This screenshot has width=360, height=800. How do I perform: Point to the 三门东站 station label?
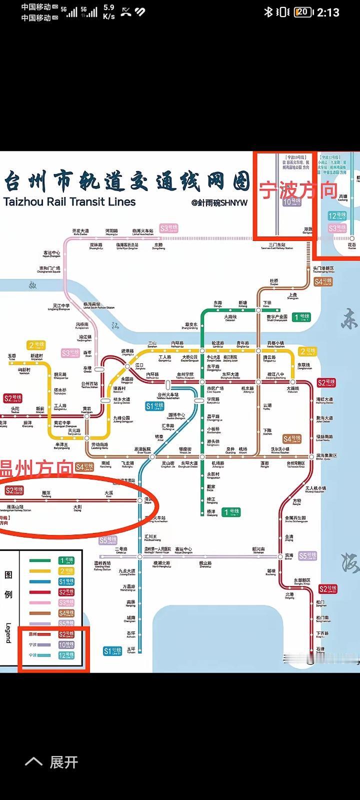tap(277, 246)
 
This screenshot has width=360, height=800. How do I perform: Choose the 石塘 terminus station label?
tap(320, 650)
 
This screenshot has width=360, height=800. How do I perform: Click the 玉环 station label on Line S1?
tap(131, 650)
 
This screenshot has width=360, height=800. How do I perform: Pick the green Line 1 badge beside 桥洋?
tap(231, 512)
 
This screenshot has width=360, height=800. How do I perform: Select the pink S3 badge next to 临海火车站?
tap(168, 228)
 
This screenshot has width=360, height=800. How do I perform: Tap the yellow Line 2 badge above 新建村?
tap(36, 345)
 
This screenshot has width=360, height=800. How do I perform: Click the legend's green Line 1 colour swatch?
tap(39, 560)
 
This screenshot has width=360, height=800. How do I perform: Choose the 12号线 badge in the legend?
tap(66, 655)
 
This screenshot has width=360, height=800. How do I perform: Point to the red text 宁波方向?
tap(298, 190)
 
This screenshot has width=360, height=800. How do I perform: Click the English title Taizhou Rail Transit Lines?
tap(69, 202)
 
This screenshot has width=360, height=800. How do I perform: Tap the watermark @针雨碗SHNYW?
tap(219, 202)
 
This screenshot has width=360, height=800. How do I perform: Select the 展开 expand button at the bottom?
tap(52, 762)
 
